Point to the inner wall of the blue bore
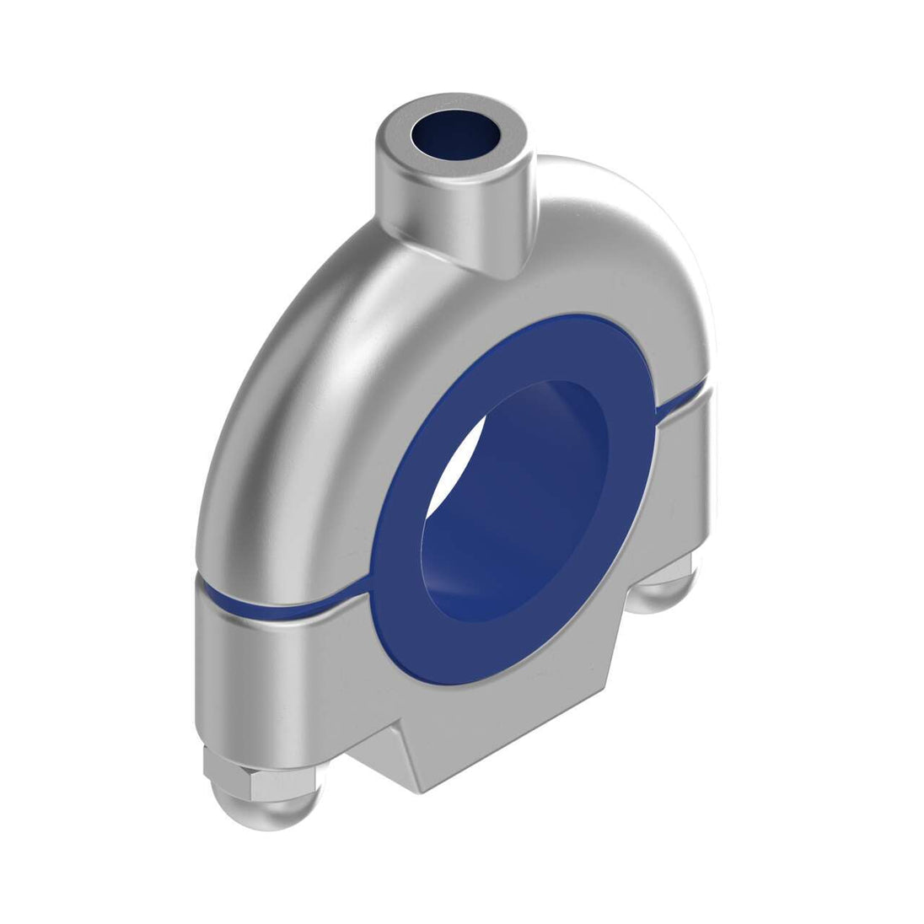[540, 472]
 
